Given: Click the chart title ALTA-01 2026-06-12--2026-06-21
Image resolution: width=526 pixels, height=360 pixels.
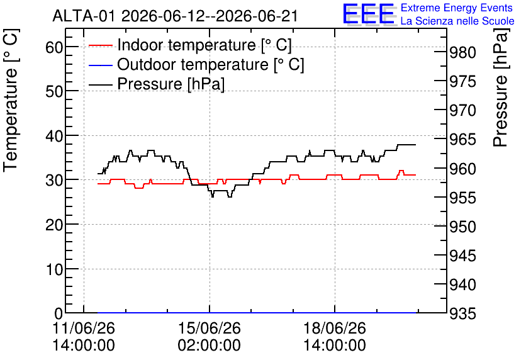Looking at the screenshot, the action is click(175, 16).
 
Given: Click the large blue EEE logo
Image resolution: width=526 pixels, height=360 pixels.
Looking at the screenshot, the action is click(369, 14).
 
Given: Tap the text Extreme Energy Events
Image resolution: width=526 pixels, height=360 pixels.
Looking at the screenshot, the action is click(457, 8).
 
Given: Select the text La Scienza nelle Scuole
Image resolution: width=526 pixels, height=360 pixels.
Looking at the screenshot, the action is click(457, 21).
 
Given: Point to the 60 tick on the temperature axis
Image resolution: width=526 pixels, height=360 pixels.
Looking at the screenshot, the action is click(54, 47).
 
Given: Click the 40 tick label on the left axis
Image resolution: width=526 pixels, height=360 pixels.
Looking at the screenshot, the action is click(54, 135).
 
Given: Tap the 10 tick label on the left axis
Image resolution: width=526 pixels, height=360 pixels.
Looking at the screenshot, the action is click(54, 269).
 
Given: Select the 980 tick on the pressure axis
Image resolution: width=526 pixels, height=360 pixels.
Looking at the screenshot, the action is click(462, 53).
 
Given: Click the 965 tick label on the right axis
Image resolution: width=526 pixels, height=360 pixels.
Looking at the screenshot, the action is click(462, 140).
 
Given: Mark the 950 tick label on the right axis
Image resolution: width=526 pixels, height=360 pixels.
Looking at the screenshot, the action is click(462, 227).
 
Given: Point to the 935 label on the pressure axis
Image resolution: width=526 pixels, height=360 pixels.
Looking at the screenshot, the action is click(462, 313).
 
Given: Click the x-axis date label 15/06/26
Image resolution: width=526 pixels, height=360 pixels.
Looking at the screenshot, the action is click(210, 328).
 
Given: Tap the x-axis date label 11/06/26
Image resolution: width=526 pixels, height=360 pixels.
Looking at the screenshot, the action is click(84, 328).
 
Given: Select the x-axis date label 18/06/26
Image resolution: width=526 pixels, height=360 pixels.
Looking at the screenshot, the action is click(335, 328).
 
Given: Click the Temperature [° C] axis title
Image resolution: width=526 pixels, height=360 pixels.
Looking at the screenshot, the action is click(11, 101).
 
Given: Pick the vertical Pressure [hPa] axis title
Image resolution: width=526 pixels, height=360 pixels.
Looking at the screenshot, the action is click(501, 87).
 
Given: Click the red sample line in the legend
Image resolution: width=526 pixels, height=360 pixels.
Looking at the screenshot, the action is click(100, 45).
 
